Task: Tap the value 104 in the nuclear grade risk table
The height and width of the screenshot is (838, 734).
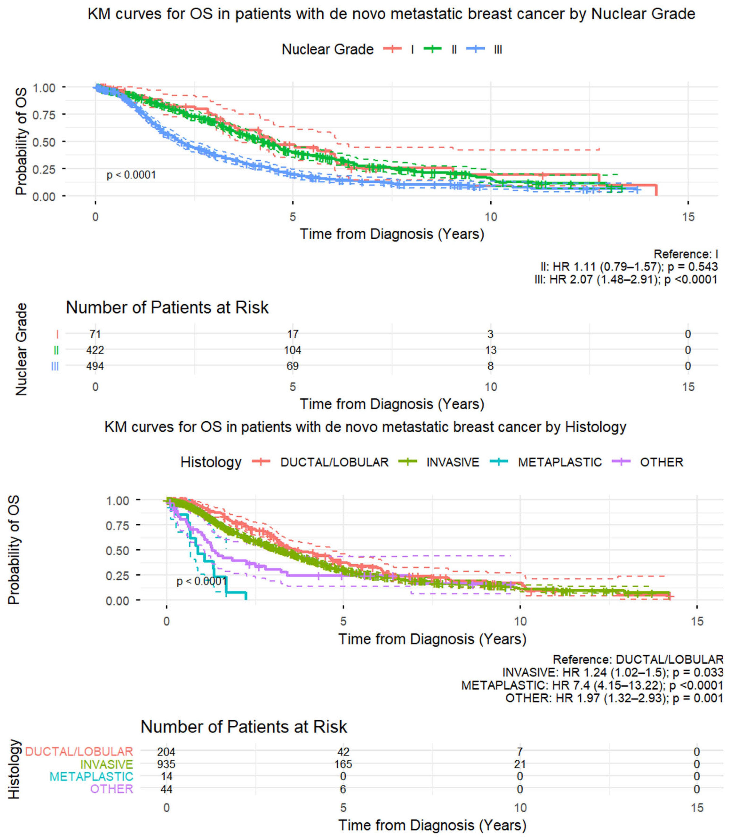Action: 292,350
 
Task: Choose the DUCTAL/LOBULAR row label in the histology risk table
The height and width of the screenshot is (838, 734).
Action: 79,752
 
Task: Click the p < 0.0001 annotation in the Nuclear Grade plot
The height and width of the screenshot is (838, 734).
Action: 131,175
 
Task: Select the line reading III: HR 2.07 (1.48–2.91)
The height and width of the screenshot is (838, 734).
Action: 626,280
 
